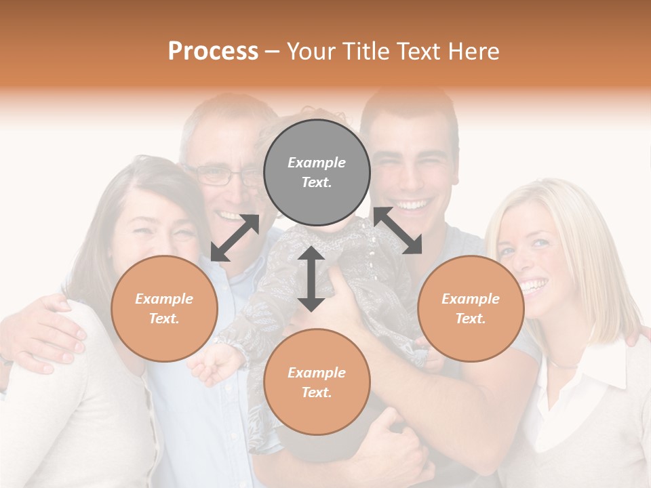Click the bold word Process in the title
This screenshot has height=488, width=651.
[x=213, y=52]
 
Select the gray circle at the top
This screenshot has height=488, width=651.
[x=317, y=173]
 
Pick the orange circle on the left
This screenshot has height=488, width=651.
[x=164, y=308]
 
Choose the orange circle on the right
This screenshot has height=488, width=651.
[x=471, y=308]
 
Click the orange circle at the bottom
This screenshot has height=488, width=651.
[x=317, y=382]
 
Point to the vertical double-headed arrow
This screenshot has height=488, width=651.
[x=311, y=279]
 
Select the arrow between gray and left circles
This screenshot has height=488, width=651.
[x=235, y=238]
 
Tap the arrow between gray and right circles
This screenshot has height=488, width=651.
[x=397, y=230]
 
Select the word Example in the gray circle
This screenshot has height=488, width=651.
[x=317, y=163]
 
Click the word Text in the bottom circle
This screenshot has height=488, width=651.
[x=317, y=392]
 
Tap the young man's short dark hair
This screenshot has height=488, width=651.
[x=407, y=108]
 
